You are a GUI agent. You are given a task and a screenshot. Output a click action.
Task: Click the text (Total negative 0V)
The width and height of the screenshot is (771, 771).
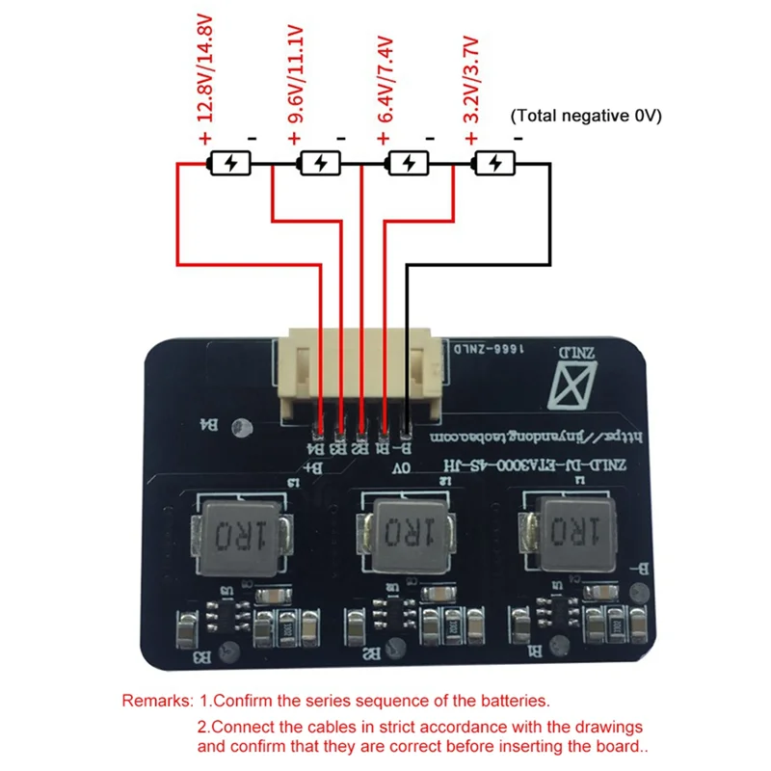tap(585, 116)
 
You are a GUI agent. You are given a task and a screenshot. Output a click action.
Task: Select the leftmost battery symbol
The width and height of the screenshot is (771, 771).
tap(230, 164)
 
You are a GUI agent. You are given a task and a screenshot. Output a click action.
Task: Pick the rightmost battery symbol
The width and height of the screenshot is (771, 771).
tap(496, 164)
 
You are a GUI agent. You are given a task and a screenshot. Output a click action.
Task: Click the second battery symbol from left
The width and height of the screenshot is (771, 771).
tap(319, 164)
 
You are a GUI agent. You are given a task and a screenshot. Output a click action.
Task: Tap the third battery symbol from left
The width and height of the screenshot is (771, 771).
tap(408, 164)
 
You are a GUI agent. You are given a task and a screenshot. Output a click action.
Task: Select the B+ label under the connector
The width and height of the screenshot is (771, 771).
tap(314, 468)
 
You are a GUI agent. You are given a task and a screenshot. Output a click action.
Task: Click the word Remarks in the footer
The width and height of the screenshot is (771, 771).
tap(157, 701)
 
